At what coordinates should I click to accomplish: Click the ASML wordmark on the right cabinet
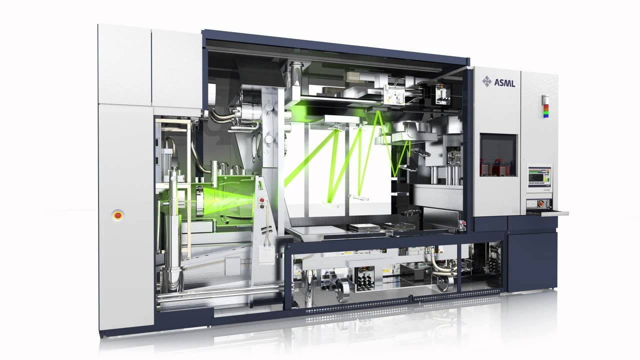(504, 83)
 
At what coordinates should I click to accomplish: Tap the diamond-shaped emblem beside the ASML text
(487, 81)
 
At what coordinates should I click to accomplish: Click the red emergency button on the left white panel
(117, 215)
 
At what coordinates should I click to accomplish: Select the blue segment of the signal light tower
(546, 116)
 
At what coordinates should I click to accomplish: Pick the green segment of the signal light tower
(546, 112)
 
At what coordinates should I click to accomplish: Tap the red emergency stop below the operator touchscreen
(540, 203)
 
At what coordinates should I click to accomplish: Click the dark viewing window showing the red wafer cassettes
(498, 155)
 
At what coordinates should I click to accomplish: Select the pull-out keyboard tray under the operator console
(547, 213)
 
